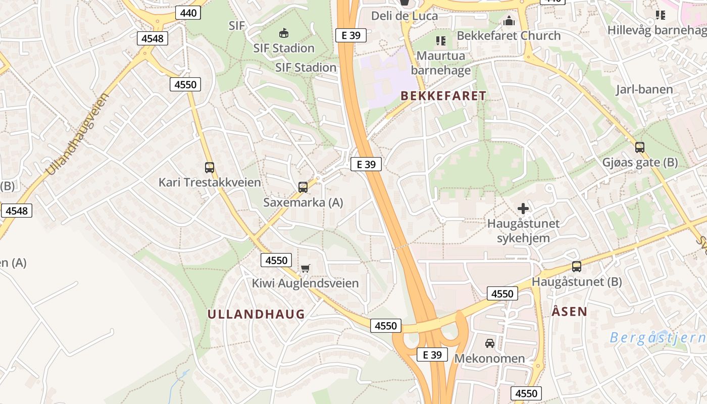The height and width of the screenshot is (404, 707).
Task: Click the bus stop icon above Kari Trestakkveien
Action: point(210,168)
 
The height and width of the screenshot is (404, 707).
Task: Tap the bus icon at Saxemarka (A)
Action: point(303,187)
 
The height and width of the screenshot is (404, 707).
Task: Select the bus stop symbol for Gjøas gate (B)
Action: point(640,147)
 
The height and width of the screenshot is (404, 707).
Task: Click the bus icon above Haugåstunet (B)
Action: point(577,267)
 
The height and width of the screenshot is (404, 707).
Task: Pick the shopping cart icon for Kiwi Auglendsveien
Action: point(305,268)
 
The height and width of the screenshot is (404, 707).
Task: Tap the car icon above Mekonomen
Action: point(490,343)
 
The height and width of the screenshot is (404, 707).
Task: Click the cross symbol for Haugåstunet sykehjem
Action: point(523,208)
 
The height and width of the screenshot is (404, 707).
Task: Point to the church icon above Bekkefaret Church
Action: point(509,21)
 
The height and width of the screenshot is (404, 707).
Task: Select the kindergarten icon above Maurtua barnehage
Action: point(441,40)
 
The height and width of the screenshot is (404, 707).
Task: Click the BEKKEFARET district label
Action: point(443,96)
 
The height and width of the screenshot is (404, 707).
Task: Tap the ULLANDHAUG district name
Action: point(257,314)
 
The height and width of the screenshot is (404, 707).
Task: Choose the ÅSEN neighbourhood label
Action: point(570,312)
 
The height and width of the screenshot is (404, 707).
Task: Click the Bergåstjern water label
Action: point(656,337)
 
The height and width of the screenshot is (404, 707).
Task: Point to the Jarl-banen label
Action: point(644,90)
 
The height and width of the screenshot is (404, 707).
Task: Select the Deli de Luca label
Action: point(405,16)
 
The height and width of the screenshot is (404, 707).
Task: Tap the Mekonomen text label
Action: point(490,359)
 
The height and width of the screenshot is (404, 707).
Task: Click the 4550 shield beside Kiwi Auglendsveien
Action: point(277,261)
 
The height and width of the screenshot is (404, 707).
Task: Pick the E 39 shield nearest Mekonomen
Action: point(433,355)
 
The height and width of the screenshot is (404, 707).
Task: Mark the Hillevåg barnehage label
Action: point(656,30)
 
